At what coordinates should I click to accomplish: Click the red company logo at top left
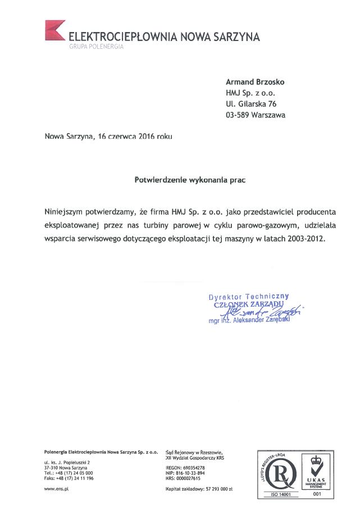pyautogui.click(x=55, y=31)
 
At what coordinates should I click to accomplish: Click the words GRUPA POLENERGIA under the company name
pyautogui.click(x=95, y=47)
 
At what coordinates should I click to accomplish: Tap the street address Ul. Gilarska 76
pyautogui.click(x=251, y=104)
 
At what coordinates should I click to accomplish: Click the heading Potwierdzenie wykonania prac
pyautogui.click(x=191, y=180)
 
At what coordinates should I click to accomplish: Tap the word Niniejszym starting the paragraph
pyautogui.click(x=65, y=212)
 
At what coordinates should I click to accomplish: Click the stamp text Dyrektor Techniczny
pyautogui.click(x=248, y=296)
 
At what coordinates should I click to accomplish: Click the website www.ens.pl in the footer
pyautogui.click(x=56, y=489)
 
